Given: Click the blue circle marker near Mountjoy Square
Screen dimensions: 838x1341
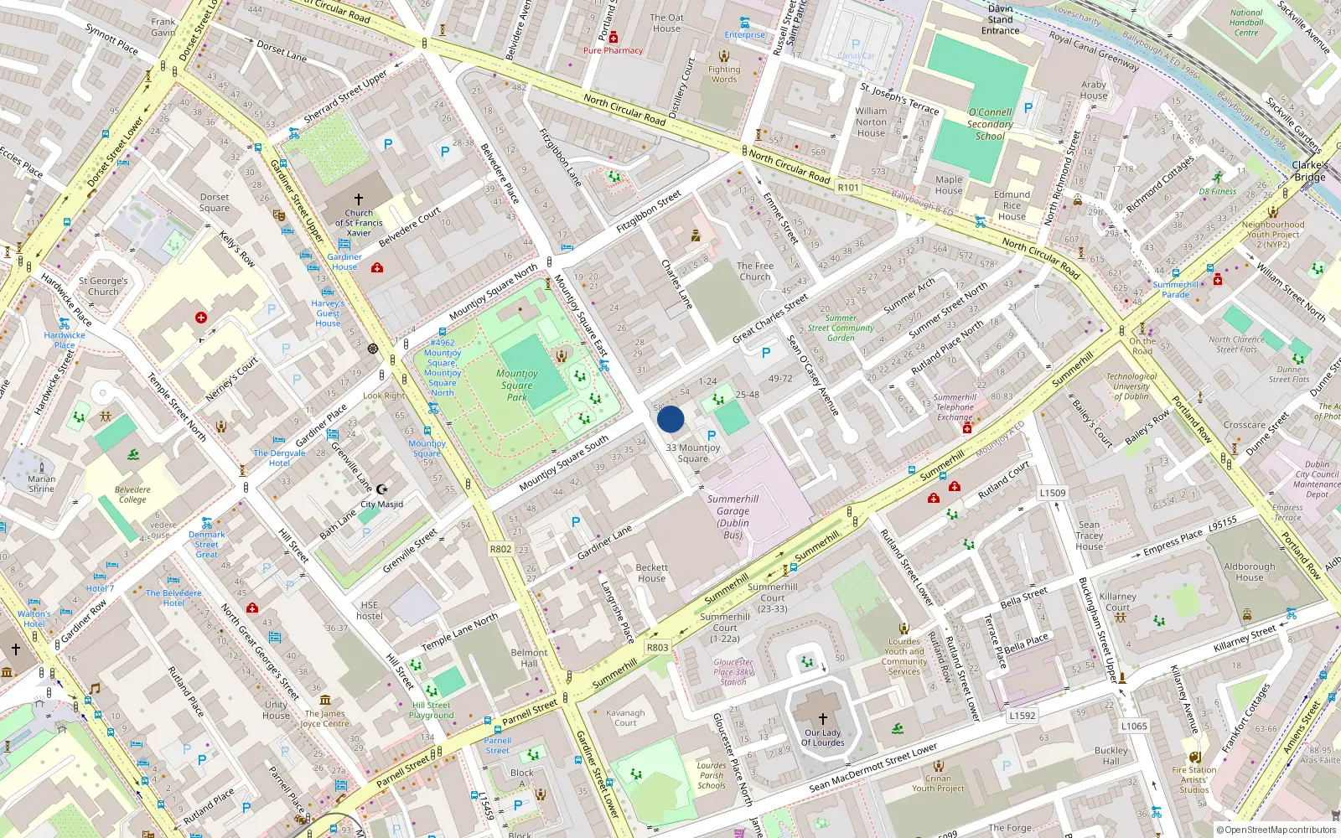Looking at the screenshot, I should [x=670, y=419].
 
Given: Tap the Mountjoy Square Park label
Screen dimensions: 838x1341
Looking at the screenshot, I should [x=517, y=385].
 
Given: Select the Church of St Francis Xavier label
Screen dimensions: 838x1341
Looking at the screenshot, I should [x=359, y=223].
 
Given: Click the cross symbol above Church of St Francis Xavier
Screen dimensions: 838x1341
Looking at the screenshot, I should [x=359, y=199].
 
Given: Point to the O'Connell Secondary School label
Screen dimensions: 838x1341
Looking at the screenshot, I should [x=990, y=124].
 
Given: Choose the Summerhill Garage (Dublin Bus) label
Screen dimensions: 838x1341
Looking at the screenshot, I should [x=733, y=517].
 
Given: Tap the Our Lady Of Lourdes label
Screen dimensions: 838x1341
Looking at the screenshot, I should [x=822, y=737].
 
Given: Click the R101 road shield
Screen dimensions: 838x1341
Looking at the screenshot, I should [x=848, y=188].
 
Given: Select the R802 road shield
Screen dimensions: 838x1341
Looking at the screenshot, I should [x=500, y=549].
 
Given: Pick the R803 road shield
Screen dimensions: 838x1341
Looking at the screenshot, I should [x=657, y=648].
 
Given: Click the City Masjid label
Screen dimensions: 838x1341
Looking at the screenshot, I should [x=381, y=504].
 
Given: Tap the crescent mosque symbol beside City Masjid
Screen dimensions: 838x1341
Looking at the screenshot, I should [x=382, y=489].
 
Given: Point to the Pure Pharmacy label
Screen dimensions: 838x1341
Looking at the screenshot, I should [x=613, y=50].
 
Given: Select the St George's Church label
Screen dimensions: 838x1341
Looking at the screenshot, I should [x=103, y=287].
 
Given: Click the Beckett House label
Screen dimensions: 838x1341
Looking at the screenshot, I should [x=651, y=573].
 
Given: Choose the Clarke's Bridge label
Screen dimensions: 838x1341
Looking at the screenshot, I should [x=1309, y=171].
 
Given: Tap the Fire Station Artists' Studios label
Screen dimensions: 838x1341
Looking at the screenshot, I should [x=1194, y=779].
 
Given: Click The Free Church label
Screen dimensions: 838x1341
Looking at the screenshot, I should [x=754, y=272].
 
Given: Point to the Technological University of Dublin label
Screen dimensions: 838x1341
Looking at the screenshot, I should [x=1131, y=386].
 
